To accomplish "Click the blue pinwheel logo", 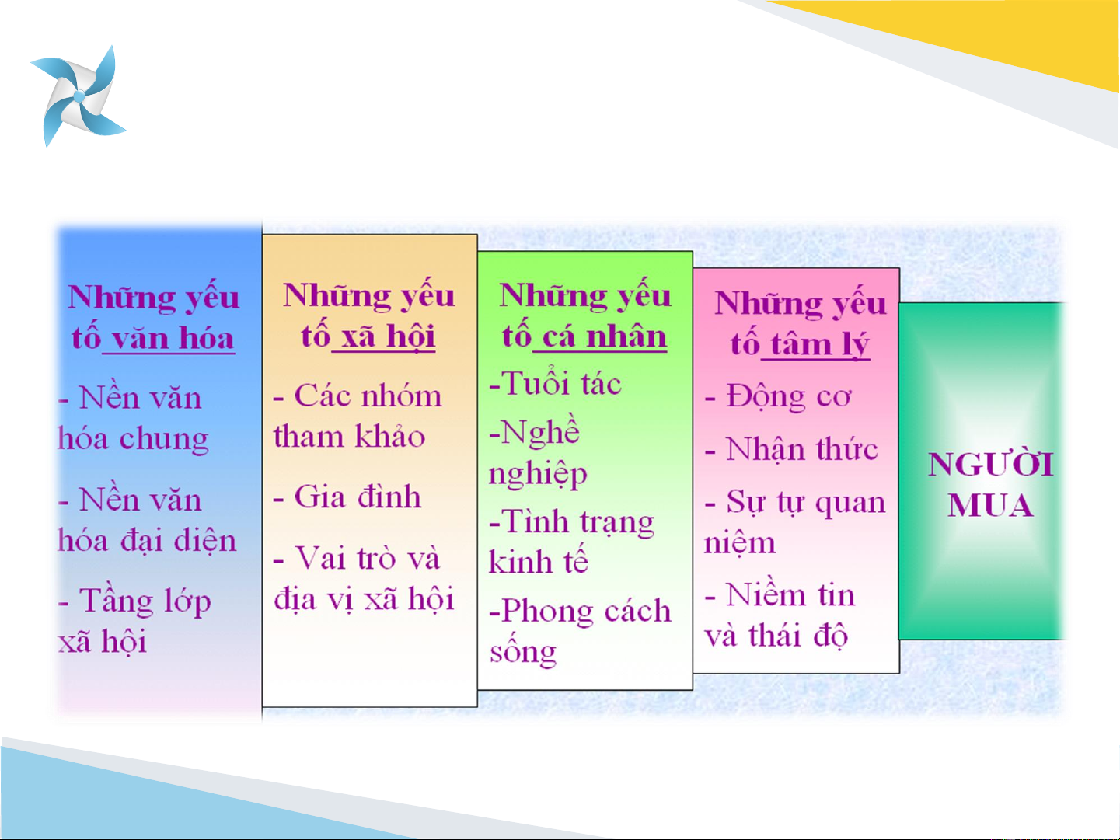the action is tap(79, 96).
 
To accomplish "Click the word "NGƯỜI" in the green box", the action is tap(990, 464).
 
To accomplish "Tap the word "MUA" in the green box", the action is tap(990, 505).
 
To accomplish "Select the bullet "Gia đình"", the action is tap(358, 497).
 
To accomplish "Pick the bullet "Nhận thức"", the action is tap(801, 450).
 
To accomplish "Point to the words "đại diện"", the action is tap(179, 541).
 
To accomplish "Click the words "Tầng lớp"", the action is tap(145, 601).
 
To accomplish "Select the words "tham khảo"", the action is tap(349, 437).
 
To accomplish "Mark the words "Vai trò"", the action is tap(345, 557).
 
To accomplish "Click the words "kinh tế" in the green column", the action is tap(539, 561).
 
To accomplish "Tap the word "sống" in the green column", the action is tap(523, 652).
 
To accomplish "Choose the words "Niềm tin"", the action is tap(790, 594).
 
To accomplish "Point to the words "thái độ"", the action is tap(798, 636).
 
